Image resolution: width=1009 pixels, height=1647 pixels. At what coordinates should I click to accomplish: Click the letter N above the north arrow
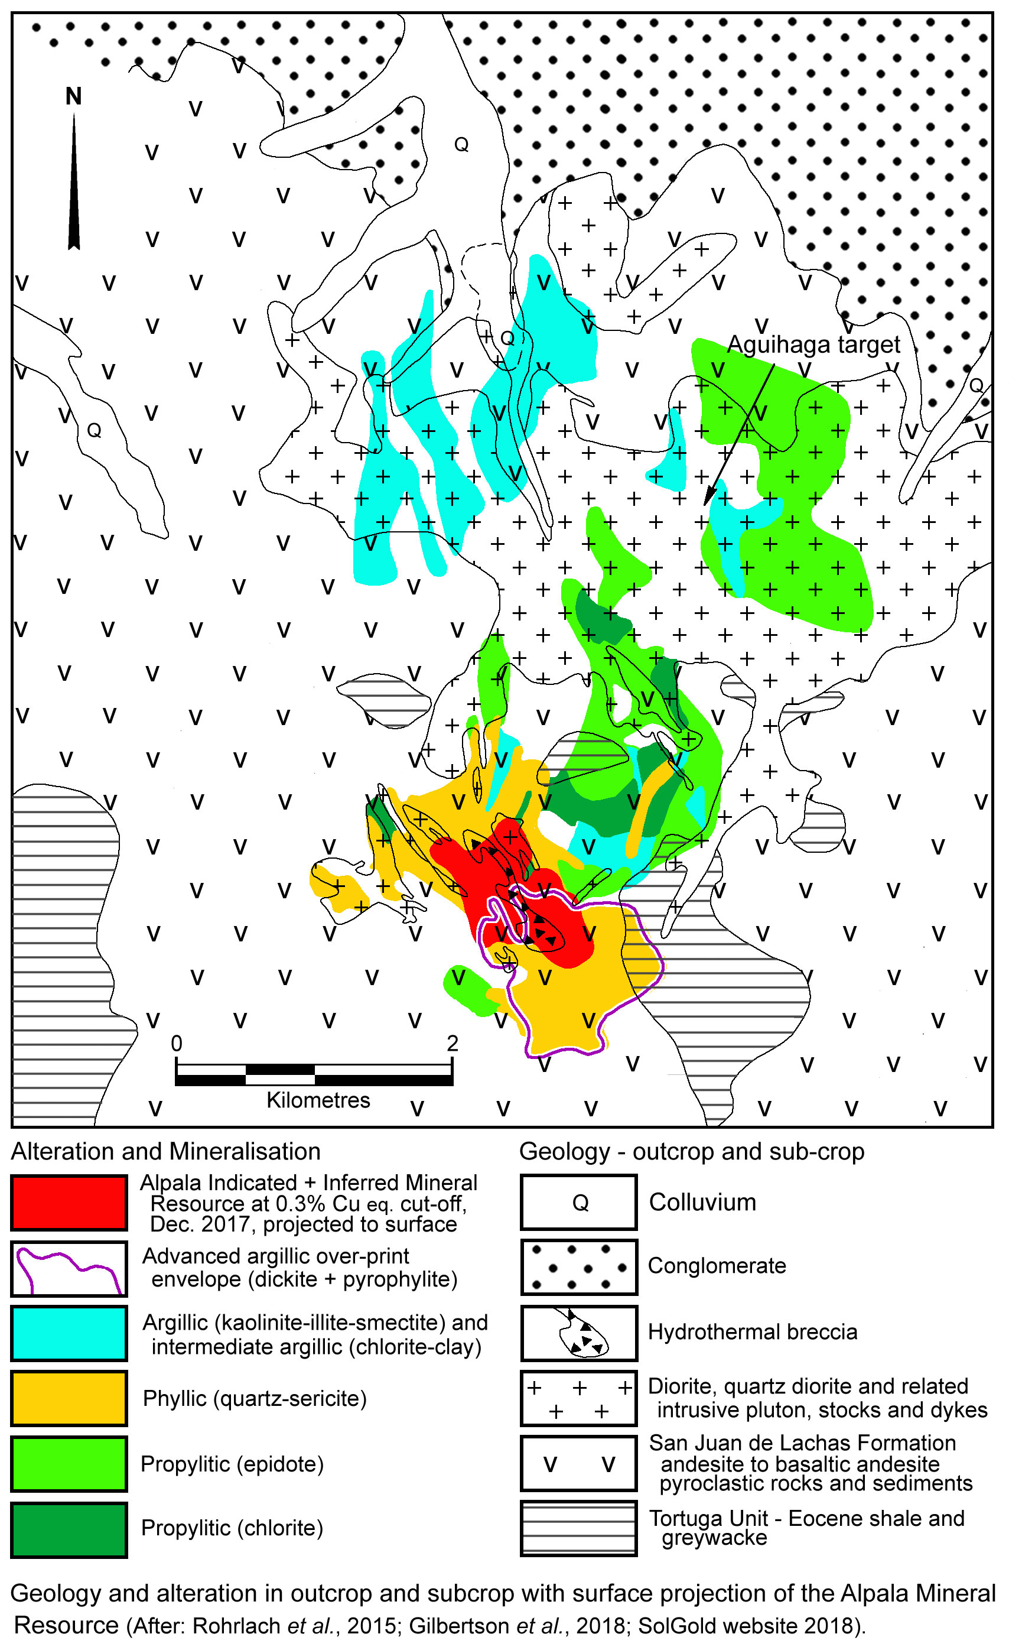coord(73,96)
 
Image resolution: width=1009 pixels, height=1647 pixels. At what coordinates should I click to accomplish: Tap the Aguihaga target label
coord(813,345)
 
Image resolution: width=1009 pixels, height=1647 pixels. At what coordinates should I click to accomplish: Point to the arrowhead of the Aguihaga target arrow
coord(709,498)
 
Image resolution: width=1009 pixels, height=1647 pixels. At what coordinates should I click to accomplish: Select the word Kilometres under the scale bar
coord(318,1100)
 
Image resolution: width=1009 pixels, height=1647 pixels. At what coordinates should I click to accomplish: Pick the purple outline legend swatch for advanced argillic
coord(69,1269)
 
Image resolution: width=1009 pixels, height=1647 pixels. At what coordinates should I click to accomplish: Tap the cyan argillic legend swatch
coord(69,1334)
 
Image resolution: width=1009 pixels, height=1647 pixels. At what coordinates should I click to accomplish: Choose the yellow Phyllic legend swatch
coord(69,1399)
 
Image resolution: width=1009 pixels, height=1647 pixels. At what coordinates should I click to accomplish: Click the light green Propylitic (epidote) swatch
coord(69,1464)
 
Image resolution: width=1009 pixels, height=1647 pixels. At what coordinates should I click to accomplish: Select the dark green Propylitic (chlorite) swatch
coord(69,1529)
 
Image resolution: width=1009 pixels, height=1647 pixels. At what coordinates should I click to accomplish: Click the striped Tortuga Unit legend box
coord(579,1529)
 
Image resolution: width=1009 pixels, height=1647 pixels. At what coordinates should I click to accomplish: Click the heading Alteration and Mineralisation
coord(166,1152)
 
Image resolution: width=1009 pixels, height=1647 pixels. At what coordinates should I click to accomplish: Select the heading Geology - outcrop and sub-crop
coord(692,1152)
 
